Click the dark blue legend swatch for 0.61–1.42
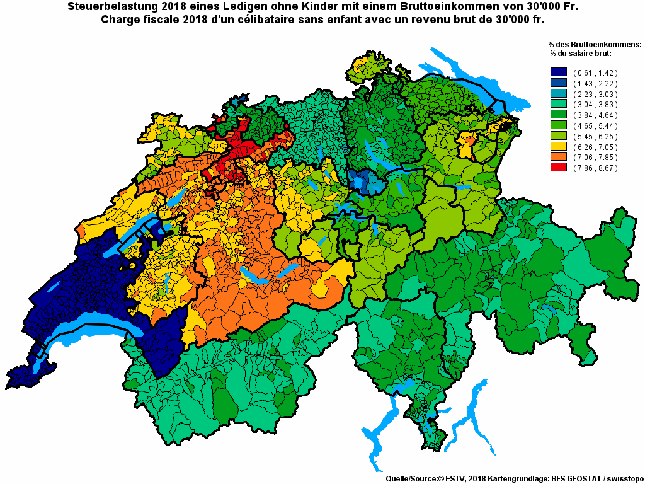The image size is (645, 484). (x=559, y=72)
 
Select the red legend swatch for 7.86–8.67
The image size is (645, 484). (x=559, y=168)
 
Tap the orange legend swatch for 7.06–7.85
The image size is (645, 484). (x=559, y=158)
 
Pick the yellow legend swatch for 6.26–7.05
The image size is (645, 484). (x=559, y=147)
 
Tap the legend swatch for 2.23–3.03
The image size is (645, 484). (x=559, y=94)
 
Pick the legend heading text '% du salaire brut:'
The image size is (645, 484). (x=581, y=54)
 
